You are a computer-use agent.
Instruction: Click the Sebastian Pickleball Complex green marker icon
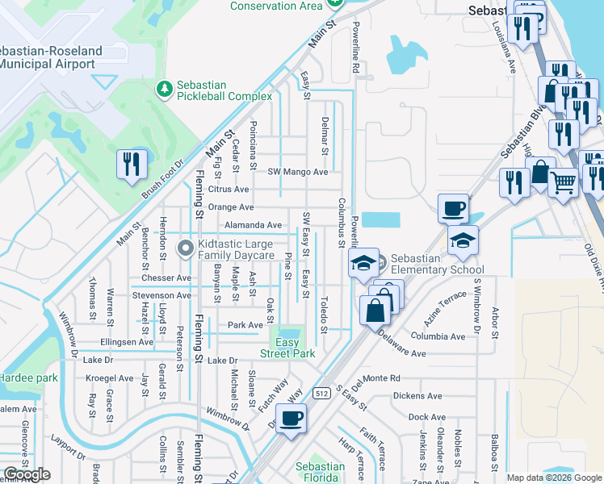click(164, 86)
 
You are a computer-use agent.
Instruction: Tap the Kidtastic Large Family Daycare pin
click(185, 247)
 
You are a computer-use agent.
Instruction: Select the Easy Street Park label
click(287, 348)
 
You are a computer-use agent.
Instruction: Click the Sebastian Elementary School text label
click(437, 265)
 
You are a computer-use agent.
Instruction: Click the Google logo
click(27, 474)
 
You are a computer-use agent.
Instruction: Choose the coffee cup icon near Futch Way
click(292, 419)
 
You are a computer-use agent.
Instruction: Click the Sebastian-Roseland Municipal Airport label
click(51, 56)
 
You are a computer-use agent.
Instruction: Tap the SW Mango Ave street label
click(298, 172)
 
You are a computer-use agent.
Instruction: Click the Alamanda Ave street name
click(253, 225)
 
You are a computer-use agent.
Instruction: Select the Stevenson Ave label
click(161, 295)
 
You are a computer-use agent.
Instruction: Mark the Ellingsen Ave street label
click(121, 342)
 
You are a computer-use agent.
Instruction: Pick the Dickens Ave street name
click(417, 396)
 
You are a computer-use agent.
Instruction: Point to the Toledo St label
click(324, 315)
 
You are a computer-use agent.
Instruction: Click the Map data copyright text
click(554, 478)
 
